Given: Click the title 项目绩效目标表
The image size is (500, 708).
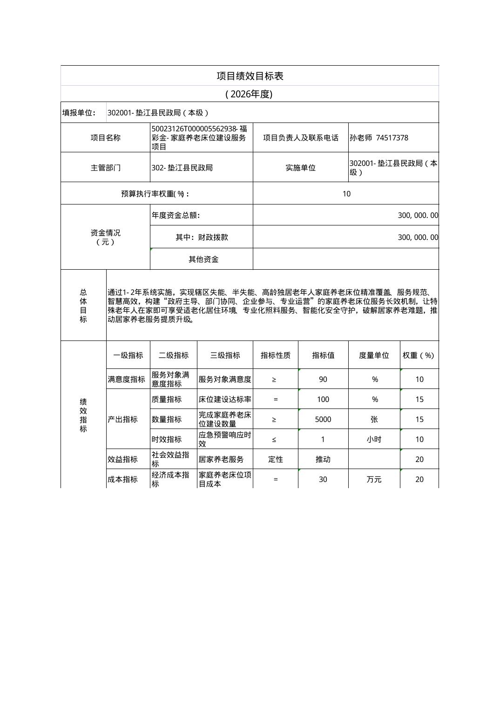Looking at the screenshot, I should click(x=250, y=76).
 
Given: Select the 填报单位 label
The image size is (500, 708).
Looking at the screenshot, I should click(x=79, y=113).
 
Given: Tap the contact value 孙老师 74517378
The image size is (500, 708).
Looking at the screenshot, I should click(x=378, y=138).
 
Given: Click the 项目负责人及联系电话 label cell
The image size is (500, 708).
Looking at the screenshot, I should click(x=300, y=138).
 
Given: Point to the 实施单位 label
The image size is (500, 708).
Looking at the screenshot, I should click(x=300, y=168).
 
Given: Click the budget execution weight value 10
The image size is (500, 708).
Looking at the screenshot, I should click(x=346, y=194).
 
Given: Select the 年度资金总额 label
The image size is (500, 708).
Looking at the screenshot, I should click(x=176, y=215).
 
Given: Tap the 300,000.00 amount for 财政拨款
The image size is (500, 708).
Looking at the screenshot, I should click(x=418, y=237).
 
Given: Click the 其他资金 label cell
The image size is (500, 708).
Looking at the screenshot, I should click(x=203, y=259).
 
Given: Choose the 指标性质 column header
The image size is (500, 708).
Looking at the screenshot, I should click(x=275, y=355).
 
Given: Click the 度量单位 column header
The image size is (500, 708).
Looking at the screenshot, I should click(x=374, y=355).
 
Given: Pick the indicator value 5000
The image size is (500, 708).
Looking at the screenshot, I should click(x=323, y=419).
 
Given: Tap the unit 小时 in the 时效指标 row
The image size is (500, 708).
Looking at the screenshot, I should click(x=374, y=439).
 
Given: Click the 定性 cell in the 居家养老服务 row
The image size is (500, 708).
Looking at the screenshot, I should click(x=275, y=459).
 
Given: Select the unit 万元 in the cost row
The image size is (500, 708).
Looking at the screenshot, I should click(x=374, y=479).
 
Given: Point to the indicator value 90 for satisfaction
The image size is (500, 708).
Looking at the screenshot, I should click(x=323, y=379).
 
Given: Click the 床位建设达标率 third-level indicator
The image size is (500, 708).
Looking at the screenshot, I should click(x=225, y=399).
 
